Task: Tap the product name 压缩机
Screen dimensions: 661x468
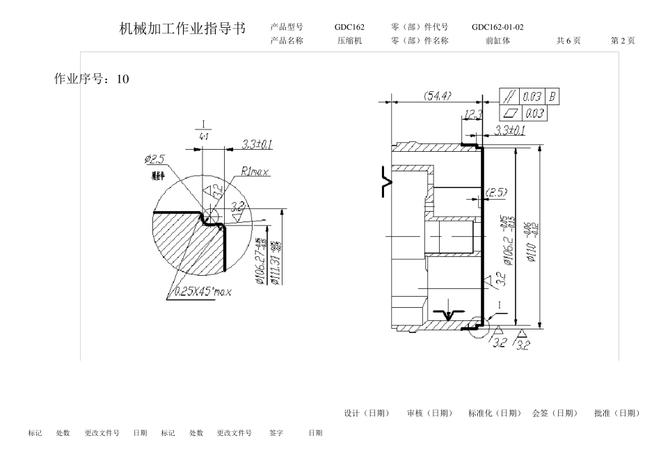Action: [x=349, y=40]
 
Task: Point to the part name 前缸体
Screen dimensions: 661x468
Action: [x=497, y=40]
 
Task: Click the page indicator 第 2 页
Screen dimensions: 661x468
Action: [x=623, y=40]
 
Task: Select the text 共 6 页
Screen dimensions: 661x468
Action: [x=568, y=40]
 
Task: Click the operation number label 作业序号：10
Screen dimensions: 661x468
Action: [x=91, y=79]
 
